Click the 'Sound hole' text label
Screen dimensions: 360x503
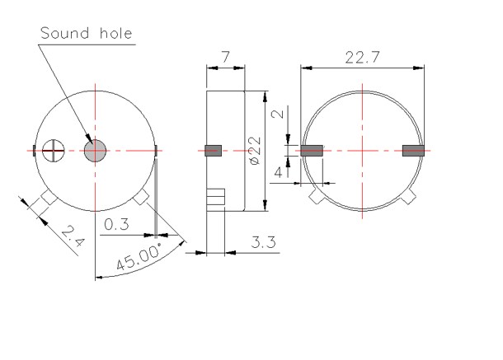pyautogui.click(x=86, y=34)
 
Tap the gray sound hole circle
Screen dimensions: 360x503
pyautogui.click(x=96, y=151)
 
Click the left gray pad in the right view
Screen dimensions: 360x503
pyautogui.click(x=311, y=151)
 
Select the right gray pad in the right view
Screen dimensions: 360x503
pyautogui.click(x=412, y=151)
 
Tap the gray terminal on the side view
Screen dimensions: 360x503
pyautogui.click(x=214, y=150)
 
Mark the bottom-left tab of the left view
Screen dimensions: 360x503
pyautogui.click(x=46, y=199)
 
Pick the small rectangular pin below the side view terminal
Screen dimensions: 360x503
pyautogui.click(x=216, y=198)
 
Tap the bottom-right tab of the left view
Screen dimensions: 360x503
pyautogui.click(x=142, y=199)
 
